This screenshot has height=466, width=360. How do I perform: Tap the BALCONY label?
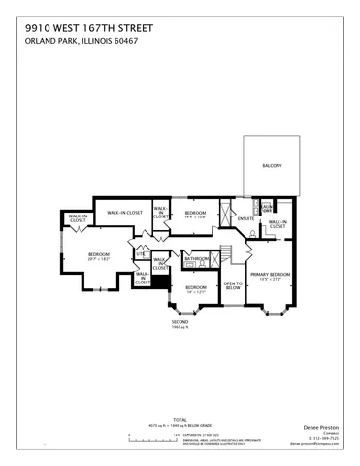point(272,166)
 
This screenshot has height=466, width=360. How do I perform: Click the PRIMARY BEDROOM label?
point(271,275)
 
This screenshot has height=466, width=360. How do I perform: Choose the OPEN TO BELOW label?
point(232,285)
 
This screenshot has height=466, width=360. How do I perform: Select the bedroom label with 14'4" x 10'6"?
point(196,214)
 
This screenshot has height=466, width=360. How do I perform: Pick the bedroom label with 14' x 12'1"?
point(196,289)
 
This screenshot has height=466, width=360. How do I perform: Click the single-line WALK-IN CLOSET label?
point(125,211)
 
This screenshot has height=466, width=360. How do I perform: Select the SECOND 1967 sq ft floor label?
point(180,323)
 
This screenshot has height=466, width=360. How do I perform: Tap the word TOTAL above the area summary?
point(154,419)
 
